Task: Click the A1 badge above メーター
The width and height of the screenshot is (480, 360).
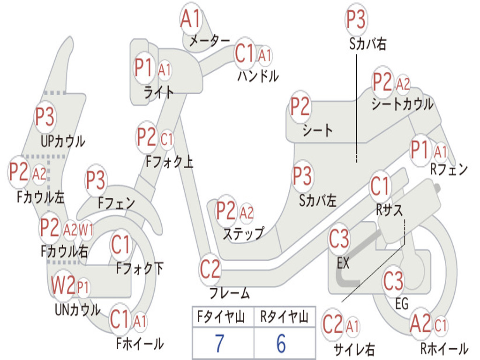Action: click(x=190, y=19)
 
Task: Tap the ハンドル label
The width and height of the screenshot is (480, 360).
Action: click(x=258, y=75)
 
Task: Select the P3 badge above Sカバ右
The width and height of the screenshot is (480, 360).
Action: click(x=356, y=19)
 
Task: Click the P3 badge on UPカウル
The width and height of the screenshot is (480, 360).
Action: click(x=45, y=117)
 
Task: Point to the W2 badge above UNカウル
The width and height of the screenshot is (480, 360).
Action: click(x=63, y=285)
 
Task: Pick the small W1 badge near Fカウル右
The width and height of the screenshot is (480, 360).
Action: click(x=86, y=230)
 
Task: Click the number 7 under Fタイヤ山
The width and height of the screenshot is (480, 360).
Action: click(x=219, y=344)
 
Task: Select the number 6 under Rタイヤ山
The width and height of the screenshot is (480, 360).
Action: click(x=281, y=344)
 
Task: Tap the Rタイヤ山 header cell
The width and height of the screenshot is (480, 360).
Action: click(x=284, y=318)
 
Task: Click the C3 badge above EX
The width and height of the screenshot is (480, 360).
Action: click(x=339, y=240)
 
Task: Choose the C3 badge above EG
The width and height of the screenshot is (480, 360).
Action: click(x=393, y=281)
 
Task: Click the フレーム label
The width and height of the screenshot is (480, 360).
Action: click(x=230, y=294)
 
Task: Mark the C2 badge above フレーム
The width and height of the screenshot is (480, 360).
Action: click(x=210, y=270)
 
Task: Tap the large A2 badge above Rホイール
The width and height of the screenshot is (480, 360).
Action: click(x=420, y=324)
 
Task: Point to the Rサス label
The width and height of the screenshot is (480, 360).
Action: click(x=390, y=210)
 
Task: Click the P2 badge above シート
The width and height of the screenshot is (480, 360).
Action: click(x=300, y=106)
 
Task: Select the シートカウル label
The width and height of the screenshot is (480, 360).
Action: click(x=402, y=105)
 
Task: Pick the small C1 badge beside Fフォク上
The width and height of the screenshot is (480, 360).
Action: click(x=167, y=139)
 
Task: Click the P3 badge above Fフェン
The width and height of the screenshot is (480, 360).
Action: click(x=96, y=180)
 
